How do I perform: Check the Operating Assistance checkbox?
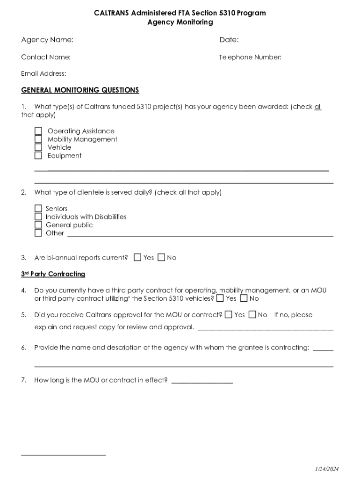click(x=38, y=131)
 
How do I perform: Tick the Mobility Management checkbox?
click(x=38, y=139)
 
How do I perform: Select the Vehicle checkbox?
click(x=38, y=147)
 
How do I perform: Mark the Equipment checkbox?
click(x=38, y=155)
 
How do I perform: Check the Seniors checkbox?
click(x=38, y=209)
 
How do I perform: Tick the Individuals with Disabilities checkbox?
click(x=38, y=217)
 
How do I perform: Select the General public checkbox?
click(x=38, y=225)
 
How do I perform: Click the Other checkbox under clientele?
click(x=38, y=233)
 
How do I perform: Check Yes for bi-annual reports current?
click(x=137, y=257)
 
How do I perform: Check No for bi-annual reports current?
click(x=161, y=257)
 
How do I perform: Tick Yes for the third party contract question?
click(x=220, y=298)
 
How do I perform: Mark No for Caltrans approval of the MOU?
click(x=252, y=315)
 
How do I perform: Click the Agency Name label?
click(x=47, y=40)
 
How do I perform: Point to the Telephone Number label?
click(x=251, y=58)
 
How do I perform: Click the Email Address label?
click(x=43, y=73)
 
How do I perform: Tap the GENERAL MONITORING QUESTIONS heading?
click(x=80, y=90)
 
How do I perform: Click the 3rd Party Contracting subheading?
click(x=53, y=274)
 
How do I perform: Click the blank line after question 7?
click(x=202, y=382)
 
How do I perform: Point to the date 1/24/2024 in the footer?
click(x=326, y=469)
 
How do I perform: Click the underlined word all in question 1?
click(x=318, y=107)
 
